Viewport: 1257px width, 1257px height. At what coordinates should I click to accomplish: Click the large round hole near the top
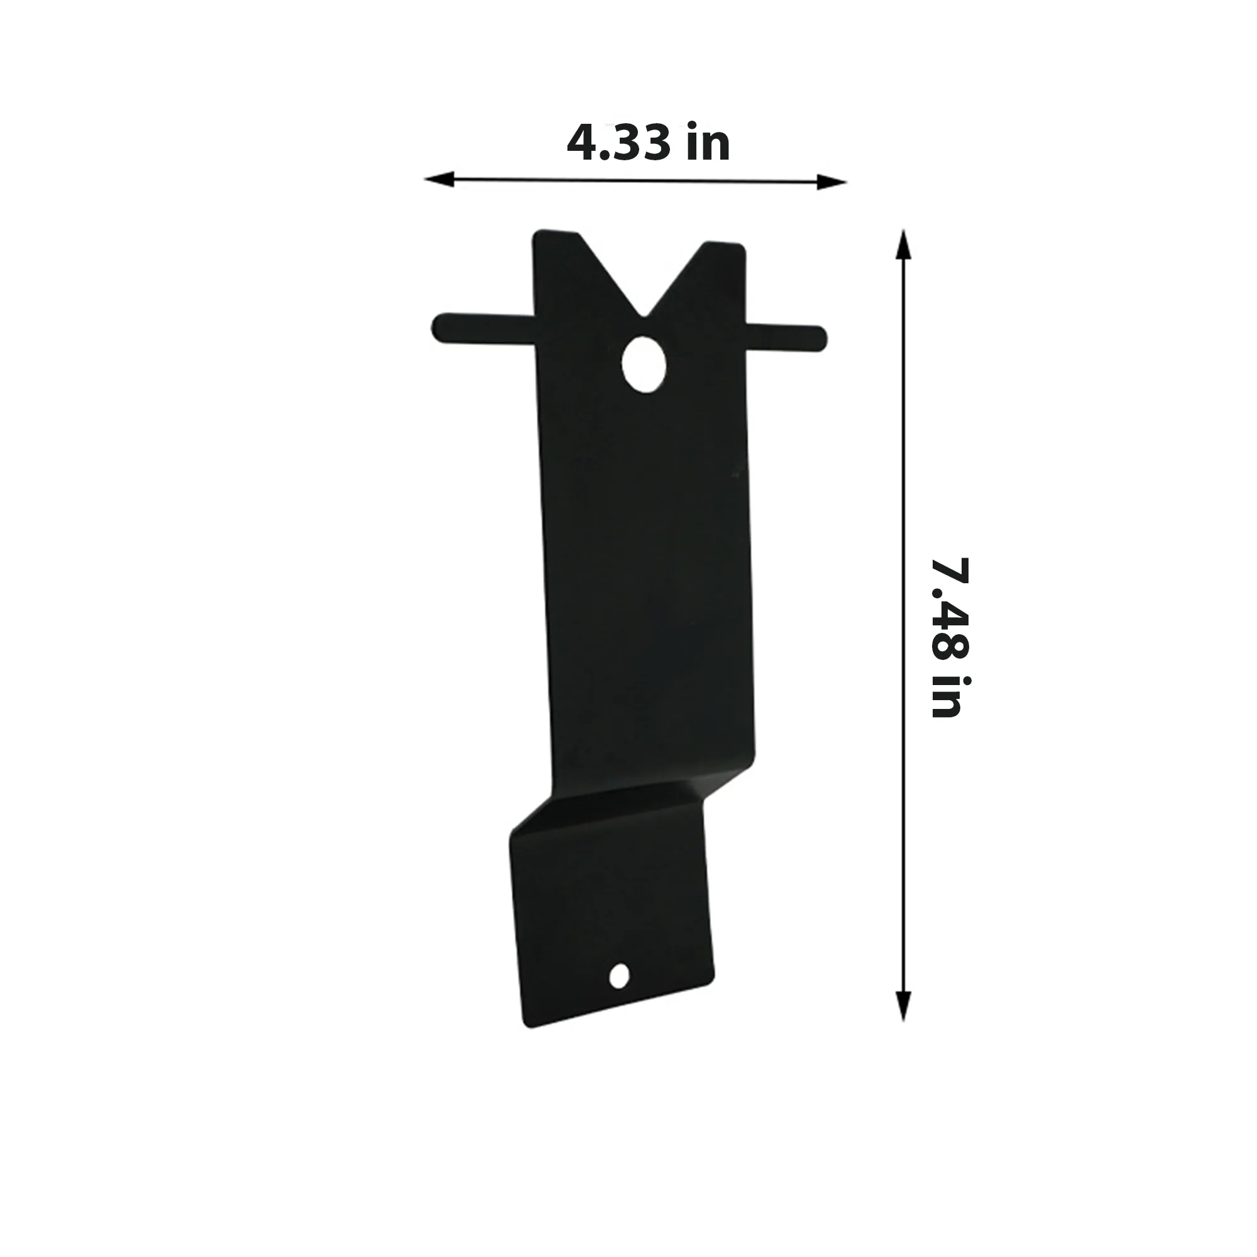click(x=644, y=365)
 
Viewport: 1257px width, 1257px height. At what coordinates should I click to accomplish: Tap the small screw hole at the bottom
click(x=620, y=975)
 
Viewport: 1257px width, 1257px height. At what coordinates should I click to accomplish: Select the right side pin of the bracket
click(x=786, y=338)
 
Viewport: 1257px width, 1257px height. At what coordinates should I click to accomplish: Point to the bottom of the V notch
click(x=644, y=317)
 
